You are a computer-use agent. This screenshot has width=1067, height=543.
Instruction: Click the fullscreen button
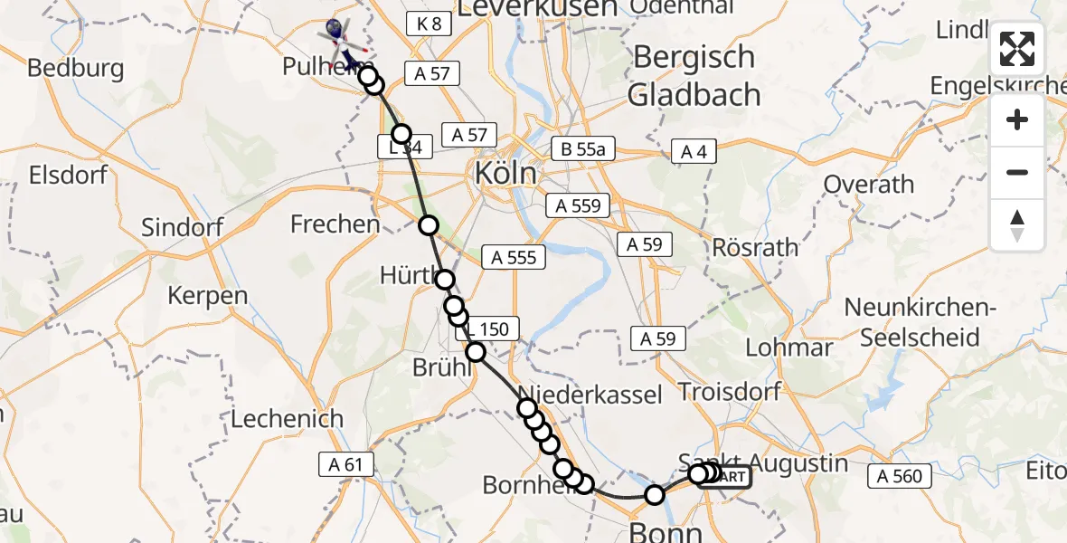coord(1017,49)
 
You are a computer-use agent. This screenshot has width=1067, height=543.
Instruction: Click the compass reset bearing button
coord(1017,225)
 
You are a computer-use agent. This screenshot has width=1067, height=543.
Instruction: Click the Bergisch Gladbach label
coord(694,75)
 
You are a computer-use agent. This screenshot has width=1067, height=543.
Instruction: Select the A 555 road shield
coord(514,258)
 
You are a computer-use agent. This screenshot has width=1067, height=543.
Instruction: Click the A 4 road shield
coord(694,152)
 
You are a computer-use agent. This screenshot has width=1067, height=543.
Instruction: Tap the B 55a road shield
coord(583,149)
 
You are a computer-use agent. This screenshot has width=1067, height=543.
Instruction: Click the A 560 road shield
coord(899,476)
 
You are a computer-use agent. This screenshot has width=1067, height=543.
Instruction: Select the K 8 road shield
coord(429,24)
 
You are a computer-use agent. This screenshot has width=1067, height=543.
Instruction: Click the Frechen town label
coord(335,224)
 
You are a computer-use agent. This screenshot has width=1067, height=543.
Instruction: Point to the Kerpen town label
coord(207,295)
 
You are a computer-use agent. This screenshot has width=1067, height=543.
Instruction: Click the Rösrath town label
coord(755,247)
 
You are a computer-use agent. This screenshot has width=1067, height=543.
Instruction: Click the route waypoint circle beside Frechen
coord(428,225)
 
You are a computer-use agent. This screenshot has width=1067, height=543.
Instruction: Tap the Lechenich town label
coord(288,419)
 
